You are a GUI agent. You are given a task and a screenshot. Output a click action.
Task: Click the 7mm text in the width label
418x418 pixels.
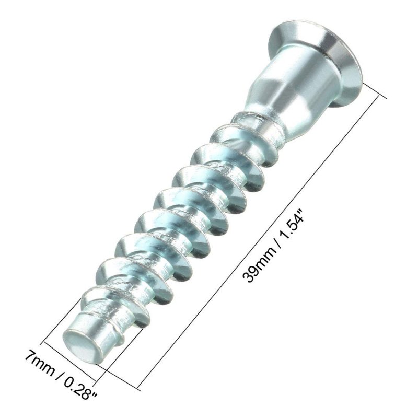pyautogui.click(x=40, y=363)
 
